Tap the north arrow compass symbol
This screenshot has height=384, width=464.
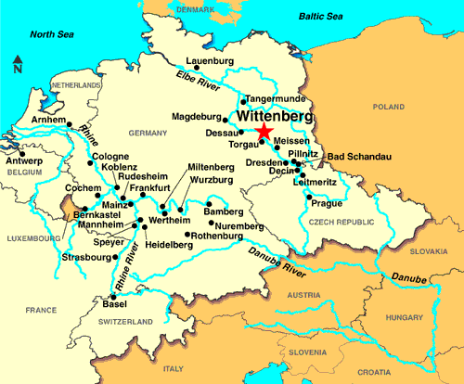(18, 65)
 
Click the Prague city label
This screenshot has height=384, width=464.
(328, 203)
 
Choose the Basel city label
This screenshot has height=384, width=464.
(114, 304)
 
